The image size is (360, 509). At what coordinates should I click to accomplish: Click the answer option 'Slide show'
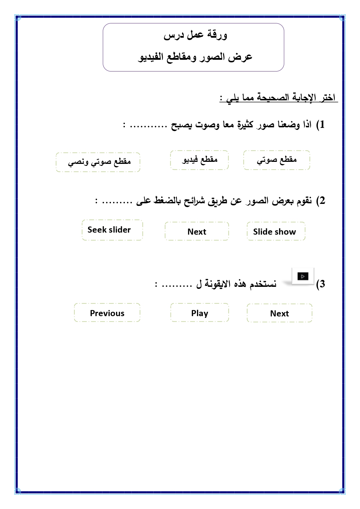click(x=274, y=231)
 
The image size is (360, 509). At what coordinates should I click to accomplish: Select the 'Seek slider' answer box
click(x=109, y=230)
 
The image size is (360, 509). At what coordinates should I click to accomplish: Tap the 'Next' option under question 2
click(x=197, y=231)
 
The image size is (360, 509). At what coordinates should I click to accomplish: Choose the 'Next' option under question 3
click(x=279, y=313)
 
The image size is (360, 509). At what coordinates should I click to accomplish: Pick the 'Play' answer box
click(x=200, y=313)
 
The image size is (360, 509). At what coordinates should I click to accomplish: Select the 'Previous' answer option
click(x=107, y=313)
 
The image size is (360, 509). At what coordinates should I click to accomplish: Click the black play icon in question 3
click(x=303, y=276)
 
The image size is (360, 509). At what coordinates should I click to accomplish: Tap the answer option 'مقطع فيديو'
click(x=200, y=160)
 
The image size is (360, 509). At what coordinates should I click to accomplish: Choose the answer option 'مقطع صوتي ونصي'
click(x=99, y=162)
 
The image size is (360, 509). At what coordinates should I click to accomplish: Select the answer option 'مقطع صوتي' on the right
click(x=277, y=160)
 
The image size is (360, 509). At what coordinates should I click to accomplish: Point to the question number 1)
click(x=320, y=125)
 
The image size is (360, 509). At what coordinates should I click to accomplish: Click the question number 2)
click(x=321, y=201)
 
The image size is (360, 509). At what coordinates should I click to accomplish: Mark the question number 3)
click(x=321, y=284)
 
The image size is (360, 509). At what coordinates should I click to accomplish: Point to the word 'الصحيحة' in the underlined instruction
click(x=273, y=97)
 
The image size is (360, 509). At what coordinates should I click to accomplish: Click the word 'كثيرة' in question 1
click(x=245, y=125)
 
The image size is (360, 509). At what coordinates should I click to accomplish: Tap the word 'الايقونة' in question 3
click(x=218, y=283)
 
